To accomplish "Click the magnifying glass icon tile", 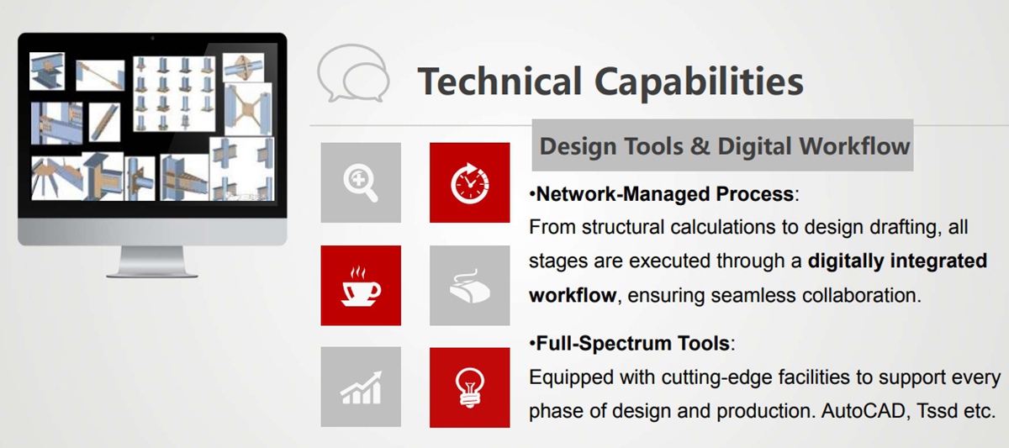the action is coord(361,182).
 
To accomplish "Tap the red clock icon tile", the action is coord(470,182).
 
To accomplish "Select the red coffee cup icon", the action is coord(361,286).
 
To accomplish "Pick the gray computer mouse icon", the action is coord(470,286).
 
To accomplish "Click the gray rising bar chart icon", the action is coord(361,387).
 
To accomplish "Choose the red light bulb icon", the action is coord(470,387).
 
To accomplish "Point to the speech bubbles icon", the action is coord(353,73).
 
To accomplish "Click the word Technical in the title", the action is coord(500,82).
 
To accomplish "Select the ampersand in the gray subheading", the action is coord(700,146).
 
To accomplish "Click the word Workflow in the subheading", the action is coord(854,146).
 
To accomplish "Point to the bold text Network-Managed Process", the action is coord(665,194).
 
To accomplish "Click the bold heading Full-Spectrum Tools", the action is coord(633,344).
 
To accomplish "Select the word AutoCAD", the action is coord(863,411).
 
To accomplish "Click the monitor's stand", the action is coord(152,261).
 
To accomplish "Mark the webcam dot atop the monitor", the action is coord(152,39).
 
